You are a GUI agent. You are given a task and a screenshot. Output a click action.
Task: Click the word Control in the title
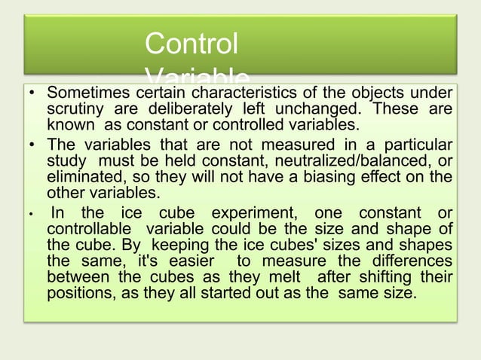pyautogui.click(x=191, y=43)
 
